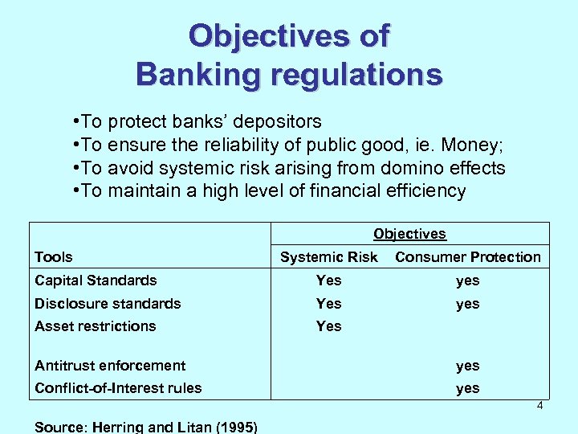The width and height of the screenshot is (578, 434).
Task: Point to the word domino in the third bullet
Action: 397,168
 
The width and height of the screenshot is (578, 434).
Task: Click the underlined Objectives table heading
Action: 409,234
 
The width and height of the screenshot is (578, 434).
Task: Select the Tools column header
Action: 54,257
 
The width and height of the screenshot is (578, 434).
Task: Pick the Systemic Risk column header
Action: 328,257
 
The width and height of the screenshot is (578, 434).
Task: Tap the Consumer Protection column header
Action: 468,257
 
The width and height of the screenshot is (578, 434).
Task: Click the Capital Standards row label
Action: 96,280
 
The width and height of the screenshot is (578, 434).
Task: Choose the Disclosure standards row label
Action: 108,304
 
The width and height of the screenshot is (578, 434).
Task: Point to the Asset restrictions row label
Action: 96,326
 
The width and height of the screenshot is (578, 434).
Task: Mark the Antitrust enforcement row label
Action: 110,366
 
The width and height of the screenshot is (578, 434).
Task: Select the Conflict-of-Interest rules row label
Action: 118,388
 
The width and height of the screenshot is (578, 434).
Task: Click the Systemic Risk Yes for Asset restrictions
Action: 328,326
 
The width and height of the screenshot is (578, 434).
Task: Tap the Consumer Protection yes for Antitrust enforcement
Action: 468,366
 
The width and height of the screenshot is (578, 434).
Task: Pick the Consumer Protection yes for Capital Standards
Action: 468,280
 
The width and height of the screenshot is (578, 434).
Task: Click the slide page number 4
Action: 540,406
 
